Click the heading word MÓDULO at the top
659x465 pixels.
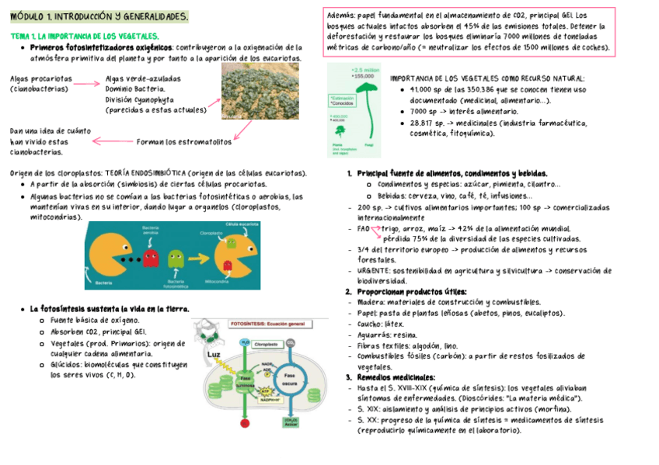26,16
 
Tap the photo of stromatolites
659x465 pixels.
260,91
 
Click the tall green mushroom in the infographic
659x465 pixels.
369,109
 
